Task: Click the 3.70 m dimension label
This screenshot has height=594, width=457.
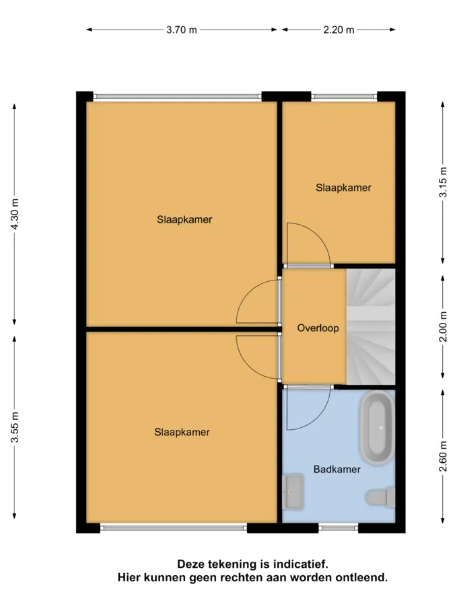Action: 182,30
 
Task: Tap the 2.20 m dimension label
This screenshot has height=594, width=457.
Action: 339,30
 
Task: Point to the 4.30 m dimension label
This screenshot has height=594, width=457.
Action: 14,214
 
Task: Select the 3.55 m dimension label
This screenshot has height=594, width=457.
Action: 14,427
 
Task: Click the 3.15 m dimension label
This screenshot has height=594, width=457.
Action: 443,182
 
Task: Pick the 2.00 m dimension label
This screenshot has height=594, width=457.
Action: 443,326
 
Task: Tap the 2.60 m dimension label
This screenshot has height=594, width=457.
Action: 443,457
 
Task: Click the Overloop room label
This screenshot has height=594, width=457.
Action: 318,328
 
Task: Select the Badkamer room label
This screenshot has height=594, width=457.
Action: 337,470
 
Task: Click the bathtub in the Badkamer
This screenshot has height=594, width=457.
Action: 377,428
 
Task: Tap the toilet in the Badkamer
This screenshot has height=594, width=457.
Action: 380,496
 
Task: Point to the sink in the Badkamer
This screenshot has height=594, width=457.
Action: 293,492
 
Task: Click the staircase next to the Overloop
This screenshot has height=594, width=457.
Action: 371,326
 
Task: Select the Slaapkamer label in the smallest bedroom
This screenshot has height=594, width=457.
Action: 343,188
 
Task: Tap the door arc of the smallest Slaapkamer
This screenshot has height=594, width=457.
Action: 318,235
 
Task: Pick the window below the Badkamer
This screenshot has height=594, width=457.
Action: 339,527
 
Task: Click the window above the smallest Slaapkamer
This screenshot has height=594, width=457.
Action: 345,97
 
